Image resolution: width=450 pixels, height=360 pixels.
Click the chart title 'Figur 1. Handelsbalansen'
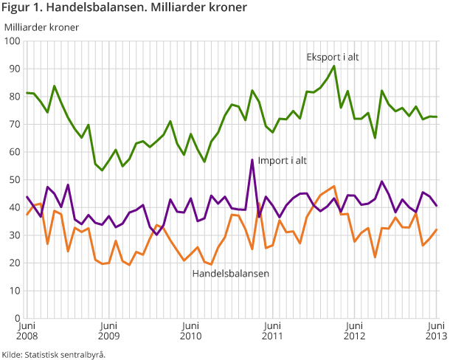pos(125,8)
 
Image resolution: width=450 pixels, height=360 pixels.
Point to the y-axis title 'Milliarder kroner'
pos(41,27)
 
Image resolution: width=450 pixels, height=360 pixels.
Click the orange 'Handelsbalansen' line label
pos(230,274)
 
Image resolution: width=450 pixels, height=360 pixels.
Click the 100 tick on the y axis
pos(13,41)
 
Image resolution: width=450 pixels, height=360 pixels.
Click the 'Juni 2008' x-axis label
pos(27,331)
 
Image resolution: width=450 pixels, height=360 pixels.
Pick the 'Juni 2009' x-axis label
pos(108,331)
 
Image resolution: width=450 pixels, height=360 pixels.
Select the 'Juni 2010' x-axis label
pos(190,331)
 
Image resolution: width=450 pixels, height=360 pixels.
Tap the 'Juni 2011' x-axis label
pos(272,331)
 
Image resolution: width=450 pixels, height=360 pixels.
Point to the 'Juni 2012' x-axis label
pos(354,331)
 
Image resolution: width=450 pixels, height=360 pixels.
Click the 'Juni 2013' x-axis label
pos(436,331)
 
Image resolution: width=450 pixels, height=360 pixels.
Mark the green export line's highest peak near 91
pos(334,66)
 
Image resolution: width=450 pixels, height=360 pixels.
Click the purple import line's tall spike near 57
pos(252,159)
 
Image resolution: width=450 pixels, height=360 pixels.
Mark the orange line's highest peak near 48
pos(334,186)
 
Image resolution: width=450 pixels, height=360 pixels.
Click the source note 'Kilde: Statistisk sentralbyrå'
pos(54,353)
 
